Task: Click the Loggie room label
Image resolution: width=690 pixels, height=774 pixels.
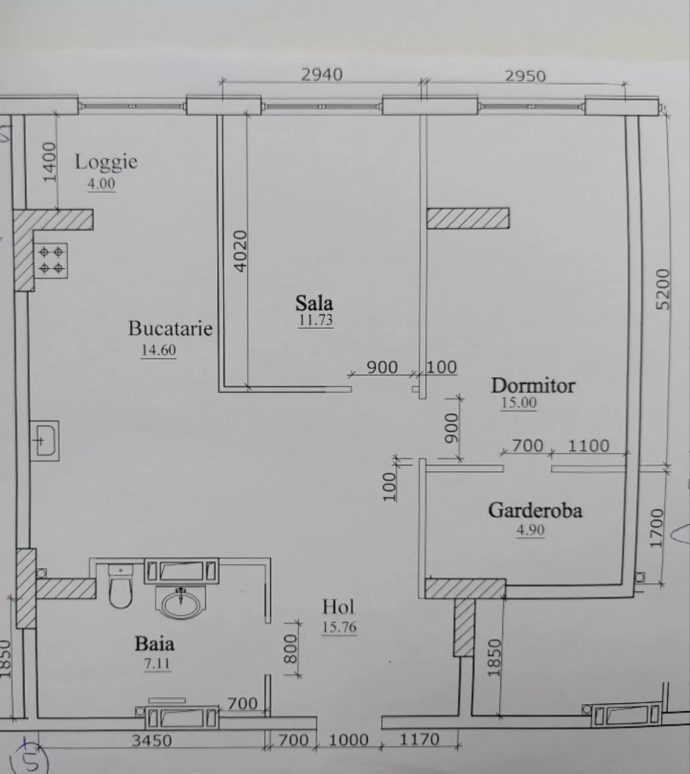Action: pos(106,163)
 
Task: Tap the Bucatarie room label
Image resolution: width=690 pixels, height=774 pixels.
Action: pos(170,328)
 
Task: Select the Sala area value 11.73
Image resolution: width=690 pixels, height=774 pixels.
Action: pos(316,319)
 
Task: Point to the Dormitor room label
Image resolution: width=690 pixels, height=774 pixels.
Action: pos(533,385)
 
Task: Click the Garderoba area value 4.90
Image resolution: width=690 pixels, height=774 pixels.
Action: pos(530,530)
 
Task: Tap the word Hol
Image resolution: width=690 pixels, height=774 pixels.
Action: pos(338,607)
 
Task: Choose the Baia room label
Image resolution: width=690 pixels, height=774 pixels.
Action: pos(154,644)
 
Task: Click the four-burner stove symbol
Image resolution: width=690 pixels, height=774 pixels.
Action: pos(51,261)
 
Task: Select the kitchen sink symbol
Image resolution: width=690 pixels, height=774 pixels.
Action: pos(45,441)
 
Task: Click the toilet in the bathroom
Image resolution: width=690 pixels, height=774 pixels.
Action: pos(121,587)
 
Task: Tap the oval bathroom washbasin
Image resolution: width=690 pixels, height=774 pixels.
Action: pos(181,604)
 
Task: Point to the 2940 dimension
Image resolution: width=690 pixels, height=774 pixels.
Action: pos(322,74)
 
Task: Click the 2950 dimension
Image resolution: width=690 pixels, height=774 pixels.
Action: pos(526,76)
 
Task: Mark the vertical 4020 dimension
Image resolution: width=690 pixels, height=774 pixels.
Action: pos(241,251)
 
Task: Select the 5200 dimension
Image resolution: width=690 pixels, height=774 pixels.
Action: pos(663,290)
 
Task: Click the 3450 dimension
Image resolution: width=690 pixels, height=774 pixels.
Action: pos(152,741)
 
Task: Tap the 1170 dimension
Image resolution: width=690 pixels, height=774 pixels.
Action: pos(420,740)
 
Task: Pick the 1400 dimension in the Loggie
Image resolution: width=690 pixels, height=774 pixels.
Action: pos(50,162)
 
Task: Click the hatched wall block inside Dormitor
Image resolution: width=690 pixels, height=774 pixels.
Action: pos(468,218)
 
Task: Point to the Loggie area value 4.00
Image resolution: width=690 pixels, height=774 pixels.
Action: pos(101,184)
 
